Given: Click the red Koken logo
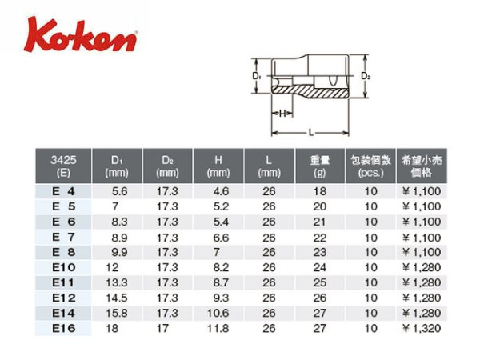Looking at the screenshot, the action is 81,35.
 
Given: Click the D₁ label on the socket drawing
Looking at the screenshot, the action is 256,76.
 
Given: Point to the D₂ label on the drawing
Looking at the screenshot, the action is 366,76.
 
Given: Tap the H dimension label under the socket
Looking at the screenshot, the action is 282,114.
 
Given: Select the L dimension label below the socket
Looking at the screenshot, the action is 311,133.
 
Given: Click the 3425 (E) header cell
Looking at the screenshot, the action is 63,166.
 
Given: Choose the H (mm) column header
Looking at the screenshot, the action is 218,166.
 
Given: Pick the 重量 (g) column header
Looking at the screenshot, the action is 319,166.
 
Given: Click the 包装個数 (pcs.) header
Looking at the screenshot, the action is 370,166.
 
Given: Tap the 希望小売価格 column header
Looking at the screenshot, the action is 422,166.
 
